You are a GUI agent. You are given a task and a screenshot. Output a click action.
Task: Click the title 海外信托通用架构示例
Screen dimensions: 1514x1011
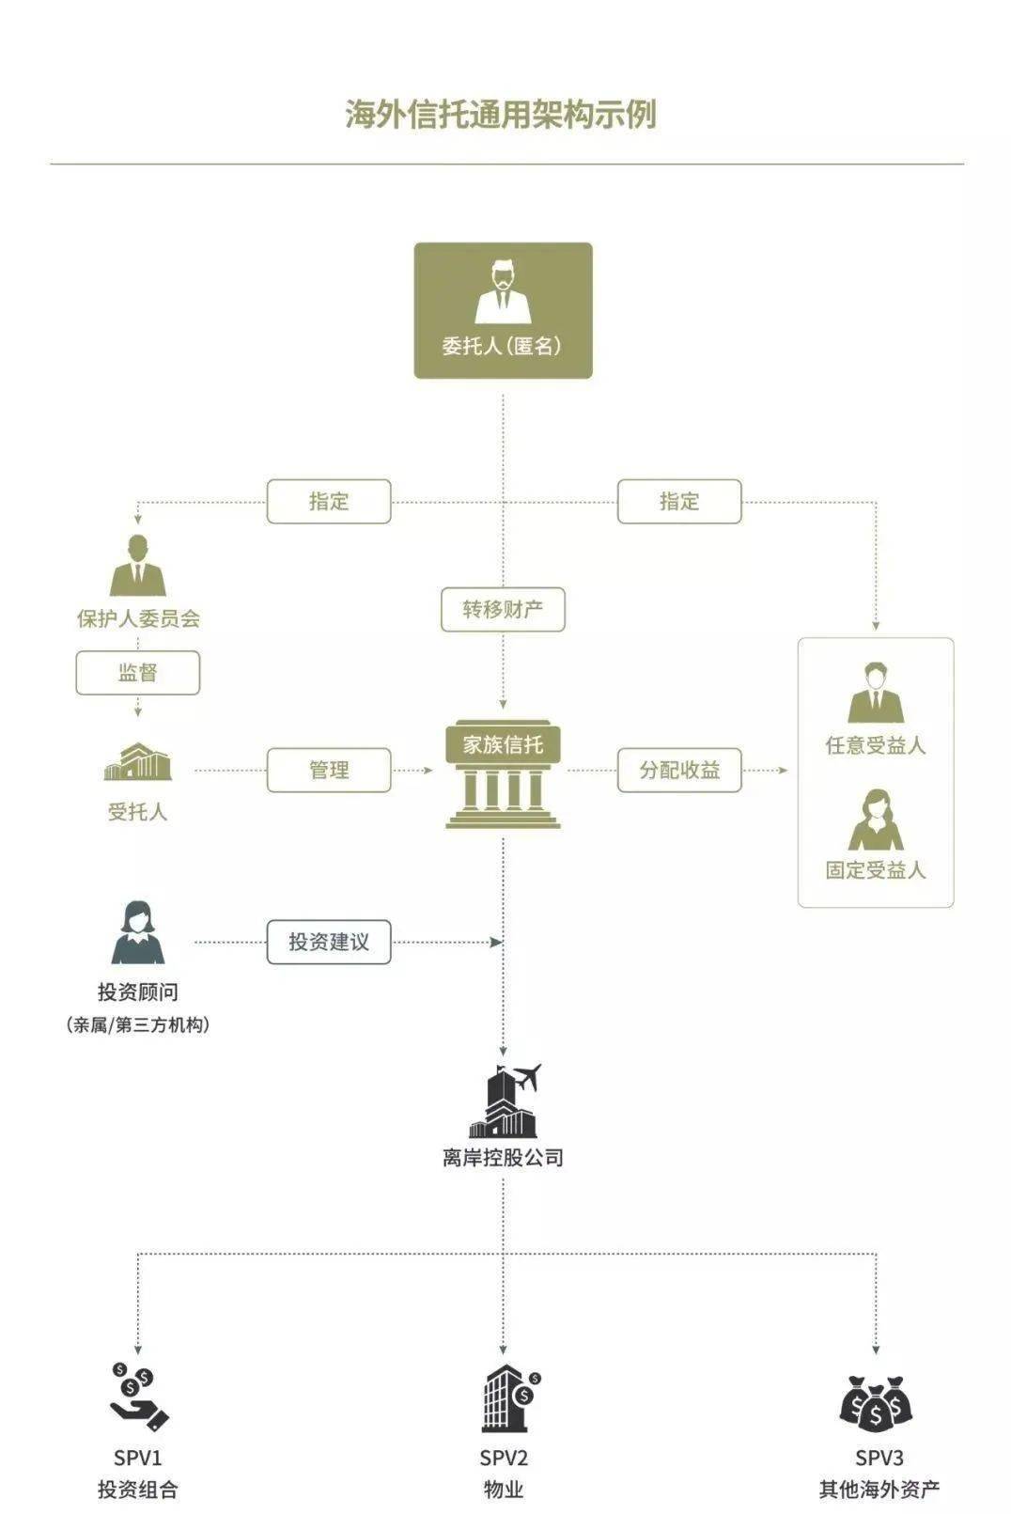tap(500, 115)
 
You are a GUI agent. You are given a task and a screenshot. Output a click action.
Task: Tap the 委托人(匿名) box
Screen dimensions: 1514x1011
tap(503, 310)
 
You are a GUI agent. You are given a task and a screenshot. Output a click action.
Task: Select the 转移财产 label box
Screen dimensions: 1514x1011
tap(503, 609)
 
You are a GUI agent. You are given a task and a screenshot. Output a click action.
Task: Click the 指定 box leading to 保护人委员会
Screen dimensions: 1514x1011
tap(329, 501)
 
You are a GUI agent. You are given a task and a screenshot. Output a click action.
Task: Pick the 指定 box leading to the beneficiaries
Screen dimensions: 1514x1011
tap(679, 501)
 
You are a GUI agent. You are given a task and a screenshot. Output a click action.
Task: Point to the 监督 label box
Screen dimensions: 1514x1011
tap(138, 673)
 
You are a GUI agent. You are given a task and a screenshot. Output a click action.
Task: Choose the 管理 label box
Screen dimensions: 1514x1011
tap(329, 770)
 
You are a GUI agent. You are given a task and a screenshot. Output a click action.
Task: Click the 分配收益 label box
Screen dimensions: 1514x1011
tap(679, 770)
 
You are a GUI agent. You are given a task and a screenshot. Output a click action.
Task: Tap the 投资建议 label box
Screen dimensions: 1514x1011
tap(329, 942)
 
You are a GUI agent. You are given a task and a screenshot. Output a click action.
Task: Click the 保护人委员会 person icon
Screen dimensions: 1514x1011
tap(138, 566)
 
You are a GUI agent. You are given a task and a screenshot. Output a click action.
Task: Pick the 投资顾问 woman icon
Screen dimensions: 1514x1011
tap(138, 932)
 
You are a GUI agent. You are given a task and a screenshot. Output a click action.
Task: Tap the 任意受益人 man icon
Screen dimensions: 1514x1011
tap(876, 693)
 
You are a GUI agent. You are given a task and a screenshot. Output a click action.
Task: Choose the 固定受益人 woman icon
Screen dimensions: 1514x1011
tap(876, 819)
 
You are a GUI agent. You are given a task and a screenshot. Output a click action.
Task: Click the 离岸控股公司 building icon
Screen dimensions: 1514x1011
tap(505, 1101)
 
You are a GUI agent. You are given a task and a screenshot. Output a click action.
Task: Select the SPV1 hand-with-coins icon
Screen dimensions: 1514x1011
tap(138, 1397)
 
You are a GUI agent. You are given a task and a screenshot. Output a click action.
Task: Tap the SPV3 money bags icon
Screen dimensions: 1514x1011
tap(877, 1403)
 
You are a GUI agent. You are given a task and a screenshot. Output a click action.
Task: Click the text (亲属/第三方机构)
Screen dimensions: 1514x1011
tap(138, 1024)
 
